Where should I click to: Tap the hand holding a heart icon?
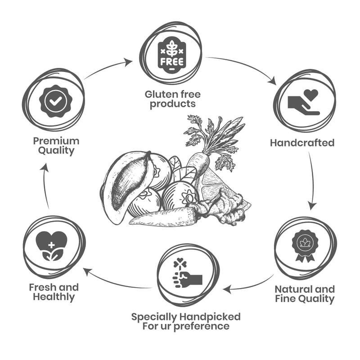click(304, 102)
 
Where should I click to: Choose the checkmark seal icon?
click(55, 101)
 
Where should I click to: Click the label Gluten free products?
click(172, 99)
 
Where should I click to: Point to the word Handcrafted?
click(302, 143)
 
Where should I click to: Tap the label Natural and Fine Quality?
click(305, 294)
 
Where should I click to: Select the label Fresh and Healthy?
click(54, 292)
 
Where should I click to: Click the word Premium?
click(56, 141)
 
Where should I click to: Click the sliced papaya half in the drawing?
click(126, 185)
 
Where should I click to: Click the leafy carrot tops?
click(211, 135)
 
